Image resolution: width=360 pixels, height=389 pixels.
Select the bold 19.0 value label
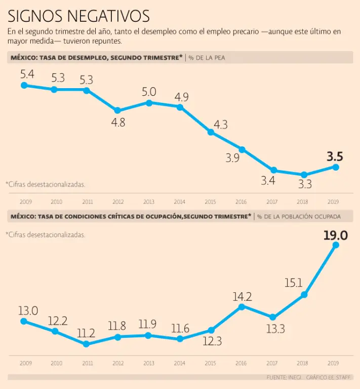[335, 235]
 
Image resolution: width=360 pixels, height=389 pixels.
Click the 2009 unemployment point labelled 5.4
[24, 85]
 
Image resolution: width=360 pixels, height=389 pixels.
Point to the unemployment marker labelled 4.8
[117, 110]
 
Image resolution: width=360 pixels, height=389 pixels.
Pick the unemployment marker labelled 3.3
[304, 175]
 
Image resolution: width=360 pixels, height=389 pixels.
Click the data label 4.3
[220, 124]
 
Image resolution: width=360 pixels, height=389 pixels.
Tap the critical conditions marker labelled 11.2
[86, 344]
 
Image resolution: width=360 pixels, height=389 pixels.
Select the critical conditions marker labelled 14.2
[242, 306]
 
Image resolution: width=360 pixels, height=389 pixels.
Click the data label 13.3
[275, 329]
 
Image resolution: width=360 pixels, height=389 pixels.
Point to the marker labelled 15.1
[304, 295]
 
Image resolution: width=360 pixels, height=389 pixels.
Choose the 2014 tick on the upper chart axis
[180, 202]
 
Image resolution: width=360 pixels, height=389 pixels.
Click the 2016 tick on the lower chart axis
[242, 363]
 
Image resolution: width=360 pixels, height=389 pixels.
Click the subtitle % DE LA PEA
[207, 58]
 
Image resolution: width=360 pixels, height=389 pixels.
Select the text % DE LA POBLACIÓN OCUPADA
[299, 216]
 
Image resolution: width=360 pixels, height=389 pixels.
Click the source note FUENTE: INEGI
[284, 377]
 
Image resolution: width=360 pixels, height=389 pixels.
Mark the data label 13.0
[28, 310]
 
